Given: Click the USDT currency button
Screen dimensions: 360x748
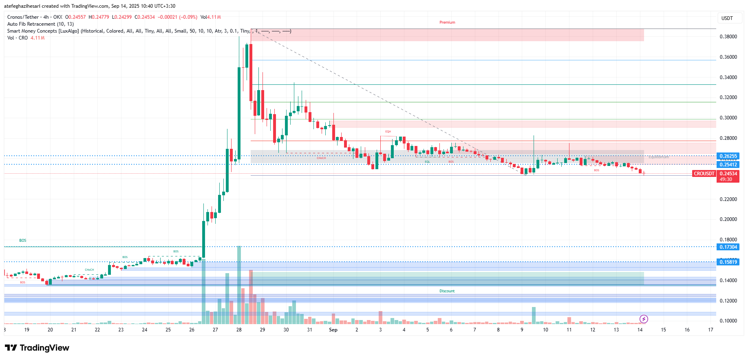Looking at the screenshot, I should coord(727,18).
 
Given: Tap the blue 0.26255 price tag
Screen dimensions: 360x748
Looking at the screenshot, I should coord(728,156).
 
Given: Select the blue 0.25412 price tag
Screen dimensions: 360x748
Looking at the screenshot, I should coord(728,165).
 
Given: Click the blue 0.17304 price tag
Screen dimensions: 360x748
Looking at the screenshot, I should coord(728,247).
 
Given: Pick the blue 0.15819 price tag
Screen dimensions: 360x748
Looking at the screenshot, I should coord(728,262).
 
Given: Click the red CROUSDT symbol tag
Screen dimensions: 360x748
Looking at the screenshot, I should coord(704,174).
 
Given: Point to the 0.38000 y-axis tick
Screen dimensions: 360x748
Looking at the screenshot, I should coord(728,37).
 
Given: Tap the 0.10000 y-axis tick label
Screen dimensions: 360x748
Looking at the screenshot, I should coord(728,321).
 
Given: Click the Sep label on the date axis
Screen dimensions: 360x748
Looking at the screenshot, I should coord(333,330).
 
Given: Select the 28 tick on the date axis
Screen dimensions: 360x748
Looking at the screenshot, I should coord(239,330).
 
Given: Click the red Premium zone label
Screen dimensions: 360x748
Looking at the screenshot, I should coord(447,22).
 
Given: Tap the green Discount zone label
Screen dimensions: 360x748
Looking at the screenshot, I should coord(447,291).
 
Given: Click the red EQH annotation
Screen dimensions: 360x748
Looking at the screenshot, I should coord(388,132).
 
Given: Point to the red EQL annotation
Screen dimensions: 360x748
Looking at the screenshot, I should coord(427,162).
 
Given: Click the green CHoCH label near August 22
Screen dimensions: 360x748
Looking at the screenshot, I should coord(89,270).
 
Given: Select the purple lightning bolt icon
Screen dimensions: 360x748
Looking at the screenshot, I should coord(644,319).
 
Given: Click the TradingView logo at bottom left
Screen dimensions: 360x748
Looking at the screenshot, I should coord(37,348).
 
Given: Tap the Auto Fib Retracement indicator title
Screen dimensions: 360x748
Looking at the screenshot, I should coord(40,24).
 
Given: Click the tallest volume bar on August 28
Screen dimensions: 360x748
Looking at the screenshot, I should coord(239,285).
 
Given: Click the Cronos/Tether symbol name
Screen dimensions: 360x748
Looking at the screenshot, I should coord(23,17).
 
